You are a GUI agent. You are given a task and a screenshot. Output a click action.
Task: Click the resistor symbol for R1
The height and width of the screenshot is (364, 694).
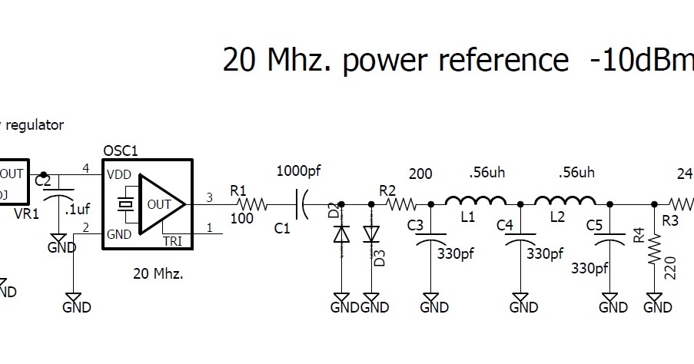251,204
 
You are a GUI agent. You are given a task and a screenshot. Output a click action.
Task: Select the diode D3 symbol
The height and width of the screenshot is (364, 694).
372,233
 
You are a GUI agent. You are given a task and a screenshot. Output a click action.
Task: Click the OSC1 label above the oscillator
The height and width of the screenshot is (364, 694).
121,151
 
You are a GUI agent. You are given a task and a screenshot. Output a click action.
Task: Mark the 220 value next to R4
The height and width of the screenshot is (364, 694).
669,268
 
